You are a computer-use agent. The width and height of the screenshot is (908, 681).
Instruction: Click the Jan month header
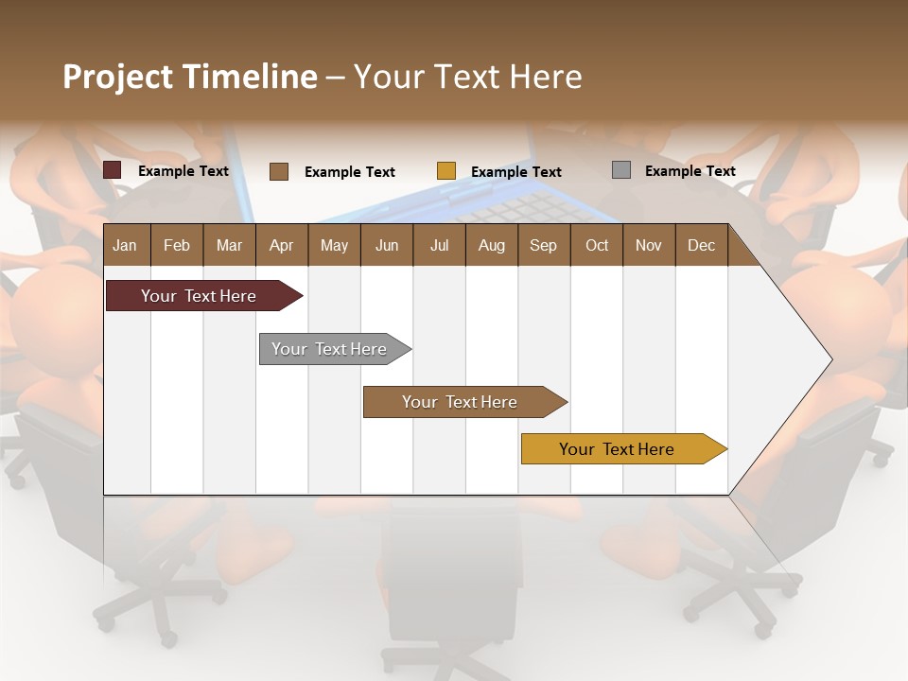tap(125, 245)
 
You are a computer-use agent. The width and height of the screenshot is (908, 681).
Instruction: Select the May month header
tap(334, 245)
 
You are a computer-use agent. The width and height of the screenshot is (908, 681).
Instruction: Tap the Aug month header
tap(491, 245)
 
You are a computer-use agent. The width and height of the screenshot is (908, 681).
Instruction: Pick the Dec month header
tap(701, 245)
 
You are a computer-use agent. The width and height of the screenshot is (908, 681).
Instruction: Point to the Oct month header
tap(597, 245)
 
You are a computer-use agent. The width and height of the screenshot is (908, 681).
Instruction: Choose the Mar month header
tap(229, 245)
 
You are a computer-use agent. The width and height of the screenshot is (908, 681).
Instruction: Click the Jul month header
tap(439, 245)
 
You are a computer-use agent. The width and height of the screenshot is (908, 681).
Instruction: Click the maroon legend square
tap(113, 170)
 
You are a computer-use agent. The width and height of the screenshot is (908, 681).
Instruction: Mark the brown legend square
tap(279, 171)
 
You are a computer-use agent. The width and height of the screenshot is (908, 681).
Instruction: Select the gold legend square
tap(446, 171)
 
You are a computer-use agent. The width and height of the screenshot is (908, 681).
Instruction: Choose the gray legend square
tap(621, 170)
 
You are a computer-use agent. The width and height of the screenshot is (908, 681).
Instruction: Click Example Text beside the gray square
tap(690, 171)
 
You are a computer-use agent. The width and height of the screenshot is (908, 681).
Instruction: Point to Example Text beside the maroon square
tap(183, 171)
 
